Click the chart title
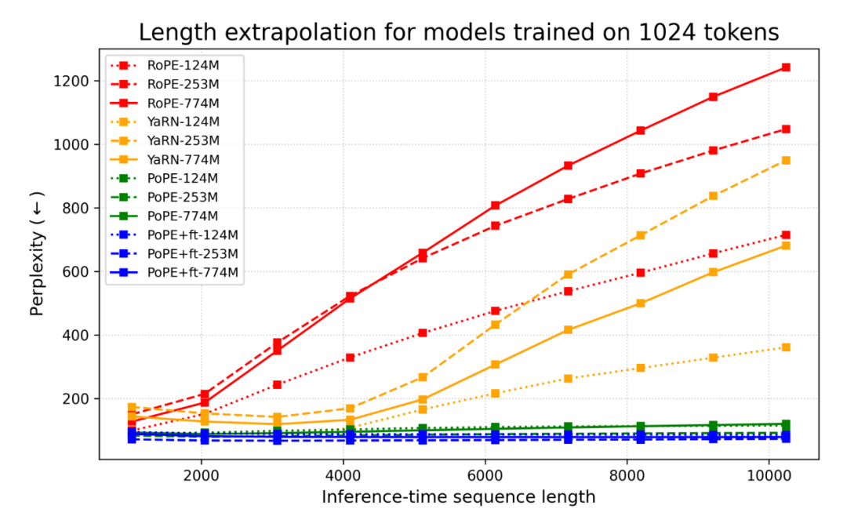coord(459,33)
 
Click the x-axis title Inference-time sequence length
coord(459,497)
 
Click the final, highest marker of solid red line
coord(785,67)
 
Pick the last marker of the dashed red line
coord(785,129)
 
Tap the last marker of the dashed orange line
coord(785,160)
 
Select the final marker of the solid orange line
coord(785,245)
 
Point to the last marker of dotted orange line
coord(785,347)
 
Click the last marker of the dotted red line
coord(785,235)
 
